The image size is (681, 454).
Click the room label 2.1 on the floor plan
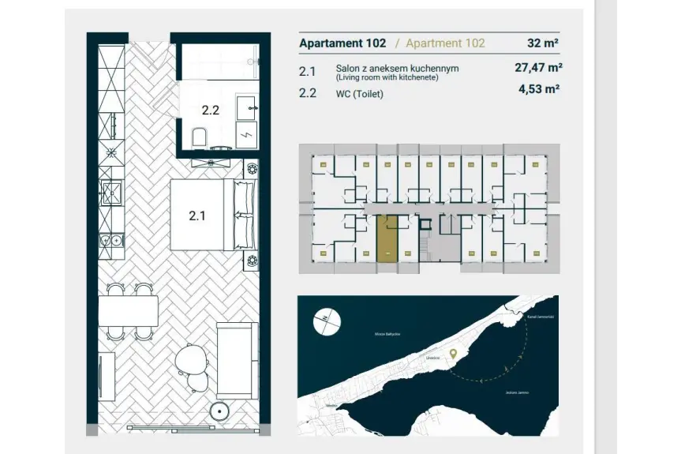pyautogui.click(x=197, y=214)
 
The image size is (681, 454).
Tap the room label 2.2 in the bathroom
pyautogui.click(x=210, y=111)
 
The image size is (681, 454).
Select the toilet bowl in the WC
pyautogui.click(x=199, y=139)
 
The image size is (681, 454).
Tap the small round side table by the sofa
pyautogui.click(x=220, y=411)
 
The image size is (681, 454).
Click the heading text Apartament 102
pyautogui.click(x=342, y=43)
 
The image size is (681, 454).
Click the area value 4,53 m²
pyautogui.click(x=540, y=90)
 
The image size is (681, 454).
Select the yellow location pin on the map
pyautogui.click(x=453, y=355)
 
